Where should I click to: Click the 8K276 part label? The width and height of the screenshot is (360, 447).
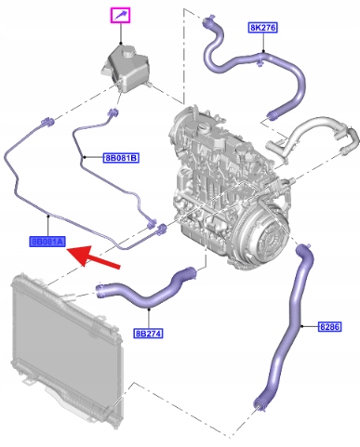tap(262, 28)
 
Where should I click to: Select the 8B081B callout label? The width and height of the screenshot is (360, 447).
tap(121, 158)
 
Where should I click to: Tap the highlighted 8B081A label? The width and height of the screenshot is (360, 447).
tap(47, 242)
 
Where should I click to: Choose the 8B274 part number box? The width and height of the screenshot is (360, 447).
tap(148, 334)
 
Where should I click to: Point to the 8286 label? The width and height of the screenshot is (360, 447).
tap(329, 326)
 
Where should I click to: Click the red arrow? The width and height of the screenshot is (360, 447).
tap(93, 256)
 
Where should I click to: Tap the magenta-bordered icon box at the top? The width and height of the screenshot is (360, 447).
tap(121, 16)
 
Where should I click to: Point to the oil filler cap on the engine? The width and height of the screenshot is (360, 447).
tap(203, 127)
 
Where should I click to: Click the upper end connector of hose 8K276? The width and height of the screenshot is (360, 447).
tap(207, 20)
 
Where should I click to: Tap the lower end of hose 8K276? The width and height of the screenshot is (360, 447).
tap(273, 115)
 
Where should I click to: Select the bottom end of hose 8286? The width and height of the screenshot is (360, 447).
tap(260, 404)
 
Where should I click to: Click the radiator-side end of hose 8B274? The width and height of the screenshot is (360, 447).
tap(101, 291)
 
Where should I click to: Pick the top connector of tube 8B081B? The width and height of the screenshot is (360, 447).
tap(113, 113)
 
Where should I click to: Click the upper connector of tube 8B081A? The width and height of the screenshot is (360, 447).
tap(47, 122)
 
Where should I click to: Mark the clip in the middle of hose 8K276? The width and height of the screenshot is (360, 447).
tap(260, 61)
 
